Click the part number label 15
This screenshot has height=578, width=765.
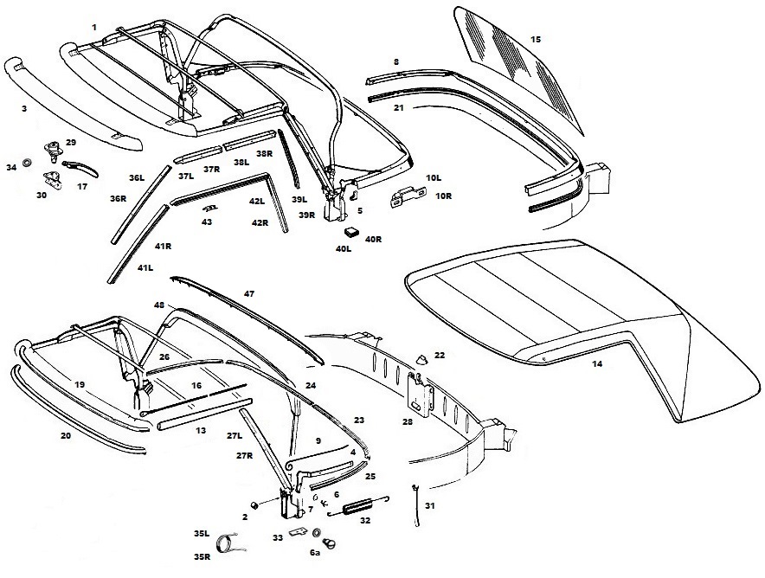[x=535, y=40]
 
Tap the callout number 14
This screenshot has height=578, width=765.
[x=596, y=364]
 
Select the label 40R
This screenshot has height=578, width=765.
[x=373, y=239]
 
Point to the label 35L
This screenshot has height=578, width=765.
[x=202, y=534]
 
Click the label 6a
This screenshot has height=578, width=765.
[x=315, y=553]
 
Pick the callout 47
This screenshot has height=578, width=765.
[x=249, y=294]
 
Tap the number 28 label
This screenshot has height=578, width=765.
[x=408, y=422]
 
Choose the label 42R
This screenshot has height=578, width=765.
[x=260, y=223]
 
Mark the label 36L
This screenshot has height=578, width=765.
[x=137, y=178]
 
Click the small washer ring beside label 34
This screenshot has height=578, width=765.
[x=28, y=161]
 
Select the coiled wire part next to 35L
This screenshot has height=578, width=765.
[x=228, y=543]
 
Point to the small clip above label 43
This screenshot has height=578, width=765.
[x=210, y=208]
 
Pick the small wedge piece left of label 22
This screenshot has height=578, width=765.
[x=421, y=359]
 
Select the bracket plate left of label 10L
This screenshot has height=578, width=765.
[x=408, y=197]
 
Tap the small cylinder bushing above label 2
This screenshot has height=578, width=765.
[x=254, y=504]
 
